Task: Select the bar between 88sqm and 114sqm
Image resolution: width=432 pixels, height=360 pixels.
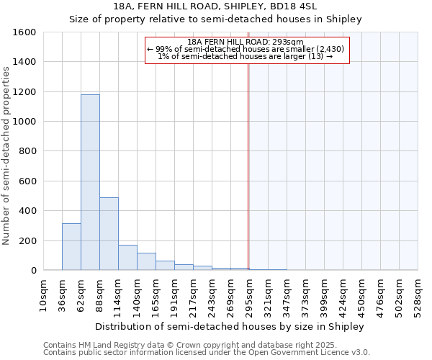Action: pyautogui.click(x=109, y=233)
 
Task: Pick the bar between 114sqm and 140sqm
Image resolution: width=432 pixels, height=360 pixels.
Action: pyautogui.click(x=127, y=257)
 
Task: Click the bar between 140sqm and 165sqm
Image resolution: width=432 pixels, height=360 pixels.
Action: pyautogui.click(x=146, y=261)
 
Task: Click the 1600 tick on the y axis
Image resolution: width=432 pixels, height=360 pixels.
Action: pyautogui.click(x=24, y=32)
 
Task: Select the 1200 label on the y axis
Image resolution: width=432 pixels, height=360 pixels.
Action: pyautogui.click(x=24, y=92)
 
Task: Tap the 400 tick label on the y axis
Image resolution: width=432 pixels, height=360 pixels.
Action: pyautogui.click(x=27, y=211)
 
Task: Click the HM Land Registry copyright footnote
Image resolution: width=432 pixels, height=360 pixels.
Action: pyautogui.click(x=190, y=345)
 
